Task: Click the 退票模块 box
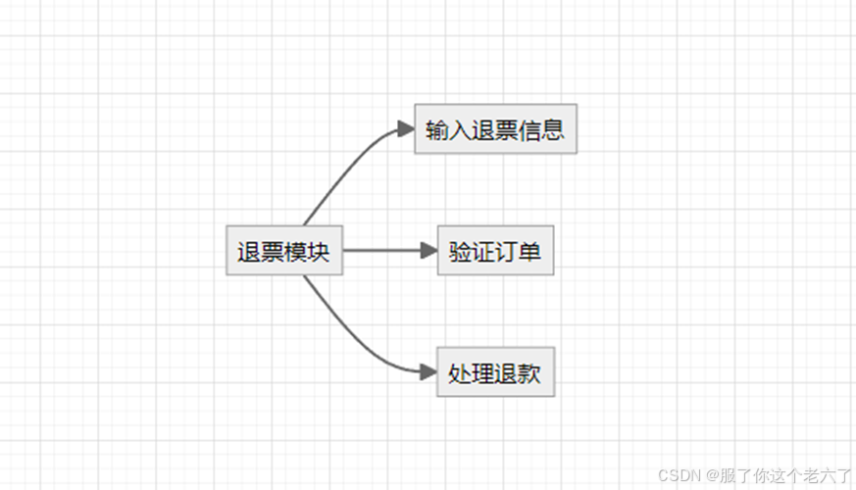[x=284, y=251]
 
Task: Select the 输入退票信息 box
[x=495, y=128]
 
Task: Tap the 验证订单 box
[x=495, y=251]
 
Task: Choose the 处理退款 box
[x=495, y=372]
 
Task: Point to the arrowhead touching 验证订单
[x=428, y=251]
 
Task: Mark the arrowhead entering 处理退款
[x=428, y=372]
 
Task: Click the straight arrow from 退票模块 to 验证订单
[x=382, y=251]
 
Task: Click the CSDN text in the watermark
[x=676, y=475]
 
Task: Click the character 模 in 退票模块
[x=295, y=252]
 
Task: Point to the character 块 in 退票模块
[x=319, y=252]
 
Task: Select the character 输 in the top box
[x=437, y=129]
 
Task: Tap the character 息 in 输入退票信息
[x=554, y=129]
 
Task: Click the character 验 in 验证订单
[x=460, y=252]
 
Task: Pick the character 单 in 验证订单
[x=530, y=252]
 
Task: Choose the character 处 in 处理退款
[x=459, y=373]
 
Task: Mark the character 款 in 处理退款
[x=530, y=373]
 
